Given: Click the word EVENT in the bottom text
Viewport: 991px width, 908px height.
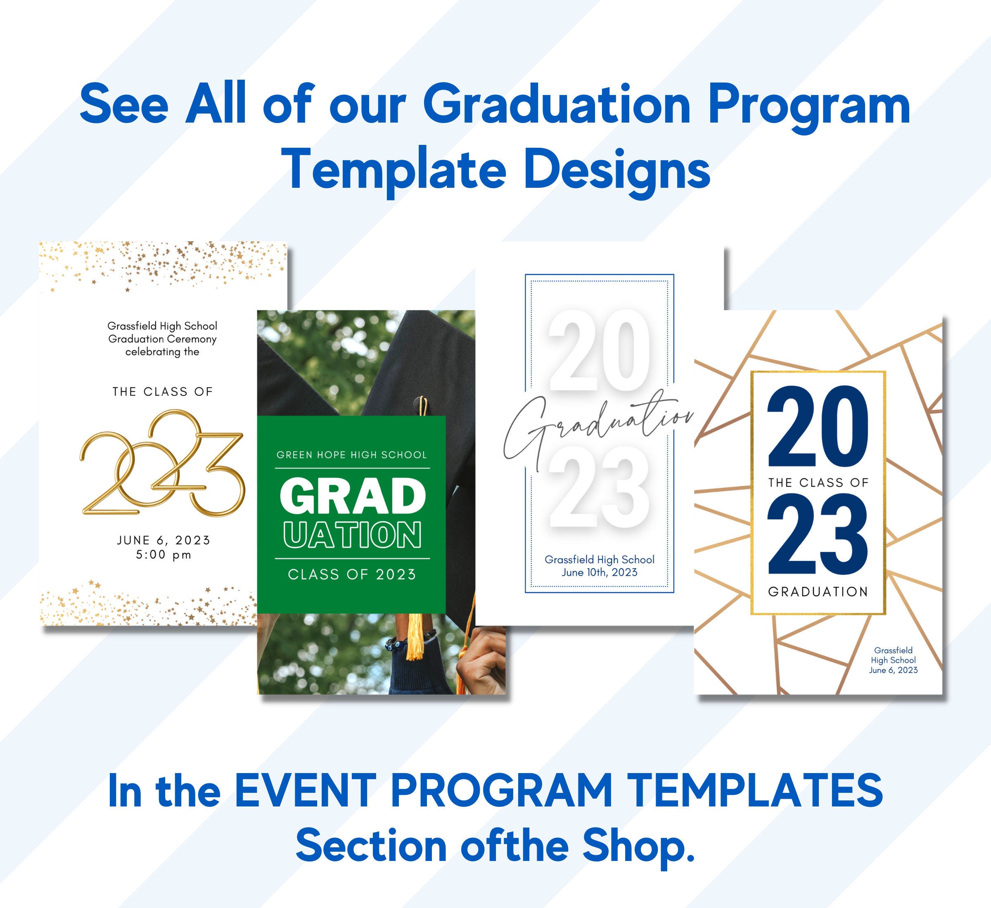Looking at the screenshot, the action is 305,790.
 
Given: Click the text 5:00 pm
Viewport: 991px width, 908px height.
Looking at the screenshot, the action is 164,555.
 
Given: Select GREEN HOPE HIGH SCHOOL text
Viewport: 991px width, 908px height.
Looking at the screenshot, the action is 351,455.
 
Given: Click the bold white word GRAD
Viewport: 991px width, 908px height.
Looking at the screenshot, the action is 353,496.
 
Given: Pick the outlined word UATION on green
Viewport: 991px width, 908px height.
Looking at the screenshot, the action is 353,534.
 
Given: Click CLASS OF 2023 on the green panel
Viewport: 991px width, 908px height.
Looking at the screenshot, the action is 352,575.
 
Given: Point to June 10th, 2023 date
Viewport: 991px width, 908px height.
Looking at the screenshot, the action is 600,572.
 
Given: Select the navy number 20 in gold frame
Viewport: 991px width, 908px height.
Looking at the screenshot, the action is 818,426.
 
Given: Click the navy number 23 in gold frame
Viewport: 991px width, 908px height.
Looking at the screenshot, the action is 818,534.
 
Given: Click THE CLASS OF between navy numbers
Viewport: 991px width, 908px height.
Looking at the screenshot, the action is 818,482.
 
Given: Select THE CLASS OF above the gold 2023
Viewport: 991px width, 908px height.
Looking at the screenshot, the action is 163,392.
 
